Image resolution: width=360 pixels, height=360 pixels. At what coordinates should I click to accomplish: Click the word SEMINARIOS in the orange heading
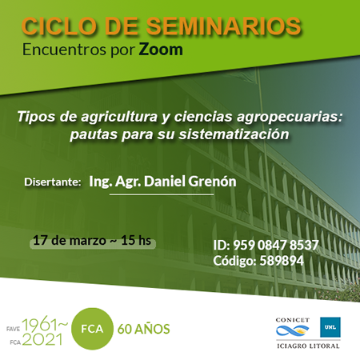pos(223,26)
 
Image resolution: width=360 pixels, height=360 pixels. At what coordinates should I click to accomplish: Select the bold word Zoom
pos(161,50)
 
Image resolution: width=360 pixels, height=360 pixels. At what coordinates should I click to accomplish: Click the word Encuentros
pos(64,50)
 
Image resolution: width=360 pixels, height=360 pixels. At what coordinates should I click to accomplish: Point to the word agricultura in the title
pos(119,117)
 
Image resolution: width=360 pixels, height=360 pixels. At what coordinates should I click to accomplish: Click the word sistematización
pos(234,134)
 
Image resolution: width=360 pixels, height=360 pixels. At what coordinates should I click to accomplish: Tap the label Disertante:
pos(53,182)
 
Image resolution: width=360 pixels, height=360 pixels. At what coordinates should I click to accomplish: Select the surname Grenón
pos(213,182)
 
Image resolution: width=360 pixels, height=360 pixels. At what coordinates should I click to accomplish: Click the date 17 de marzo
pos(70,241)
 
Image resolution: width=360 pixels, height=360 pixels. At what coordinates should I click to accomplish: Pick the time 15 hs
pos(136,240)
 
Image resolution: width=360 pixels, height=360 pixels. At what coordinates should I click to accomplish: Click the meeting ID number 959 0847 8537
pos(276,245)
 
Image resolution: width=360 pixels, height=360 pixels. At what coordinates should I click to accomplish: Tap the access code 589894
pos(282,261)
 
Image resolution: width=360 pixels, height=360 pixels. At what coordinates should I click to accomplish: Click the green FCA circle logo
pos(92,329)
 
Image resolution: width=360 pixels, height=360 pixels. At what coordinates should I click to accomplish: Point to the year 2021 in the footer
pos(42,339)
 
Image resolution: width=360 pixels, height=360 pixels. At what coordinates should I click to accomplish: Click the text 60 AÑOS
pos(144,329)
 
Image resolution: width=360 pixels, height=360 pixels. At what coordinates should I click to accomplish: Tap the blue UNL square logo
pos(330,327)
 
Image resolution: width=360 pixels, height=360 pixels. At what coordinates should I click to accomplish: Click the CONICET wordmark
pos(293,320)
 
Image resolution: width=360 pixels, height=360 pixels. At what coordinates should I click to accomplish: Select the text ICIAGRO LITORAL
pos(308,346)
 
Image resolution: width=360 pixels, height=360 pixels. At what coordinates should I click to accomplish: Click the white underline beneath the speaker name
pos(162,194)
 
